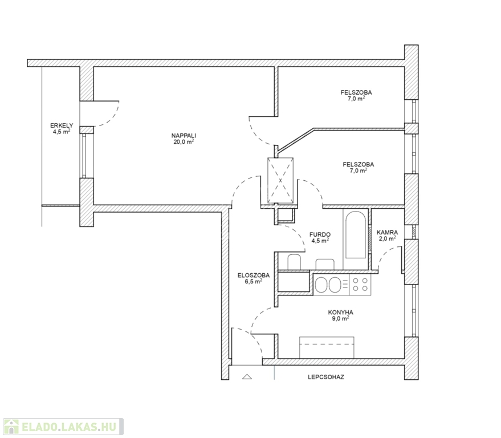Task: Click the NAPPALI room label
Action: tap(184, 136)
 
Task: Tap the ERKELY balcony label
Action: tap(62, 125)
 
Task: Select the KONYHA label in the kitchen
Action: tap(341, 313)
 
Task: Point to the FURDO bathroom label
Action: tap(320, 234)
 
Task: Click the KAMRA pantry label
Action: tap(387, 233)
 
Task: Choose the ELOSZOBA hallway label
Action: tap(254, 275)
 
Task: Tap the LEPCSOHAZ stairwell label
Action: tap(326, 377)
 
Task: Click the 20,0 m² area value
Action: tap(184, 141)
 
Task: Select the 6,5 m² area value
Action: tap(254, 281)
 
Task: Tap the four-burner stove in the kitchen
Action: tap(360, 285)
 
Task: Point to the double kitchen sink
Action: tap(328, 285)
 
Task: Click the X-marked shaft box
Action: tap(280, 180)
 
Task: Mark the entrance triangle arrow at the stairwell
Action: tap(247, 376)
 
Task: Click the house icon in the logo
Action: tap(11, 427)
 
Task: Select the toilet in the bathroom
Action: tap(294, 262)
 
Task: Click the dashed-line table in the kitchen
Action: tap(327, 347)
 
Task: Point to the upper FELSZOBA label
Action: tap(356, 92)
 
